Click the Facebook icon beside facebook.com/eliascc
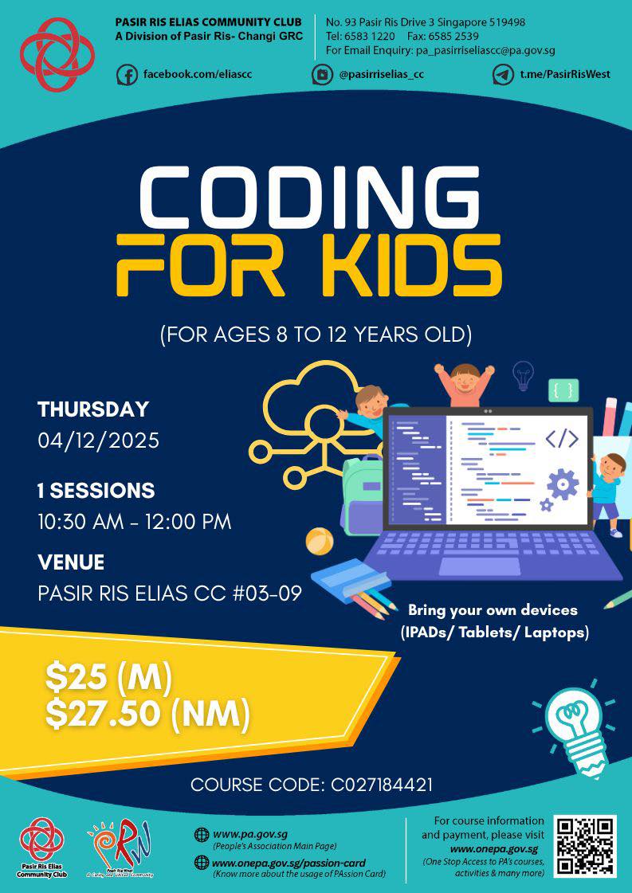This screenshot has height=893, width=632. pos(127,74)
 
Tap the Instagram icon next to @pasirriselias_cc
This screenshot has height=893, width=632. pos(322,74)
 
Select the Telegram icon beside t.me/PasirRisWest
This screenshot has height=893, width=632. pos(503,74)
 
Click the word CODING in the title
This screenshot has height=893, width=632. pos(310,198)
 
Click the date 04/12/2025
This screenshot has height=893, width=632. pos(98,440)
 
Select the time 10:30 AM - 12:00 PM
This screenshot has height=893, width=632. pos(134,523)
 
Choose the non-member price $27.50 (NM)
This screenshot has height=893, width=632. pos(147,714)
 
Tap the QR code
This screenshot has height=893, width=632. pos(586,846)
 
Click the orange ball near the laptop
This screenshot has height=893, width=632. pos(319,541)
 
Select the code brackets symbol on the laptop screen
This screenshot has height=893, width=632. pos(561,438)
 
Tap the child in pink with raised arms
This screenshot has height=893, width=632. pos(463,383)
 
